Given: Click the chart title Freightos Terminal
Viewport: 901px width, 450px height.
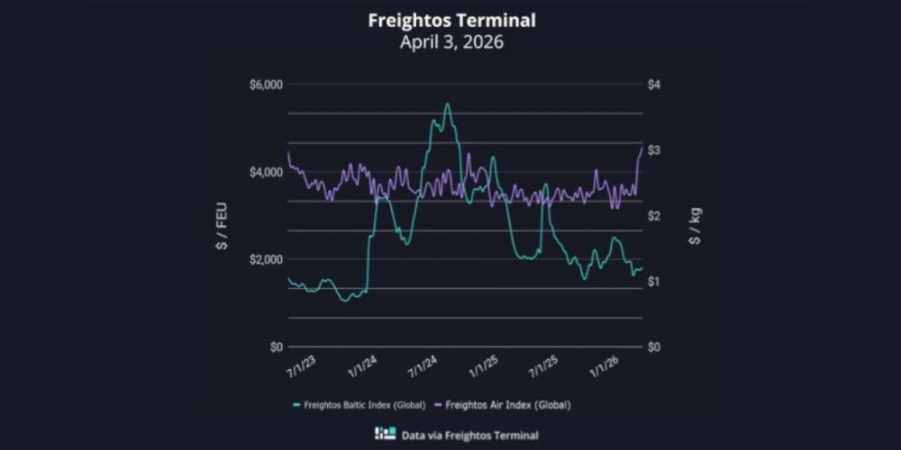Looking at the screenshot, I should pos(451,21).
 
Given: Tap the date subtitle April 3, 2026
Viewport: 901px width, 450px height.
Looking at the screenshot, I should pos(451,42).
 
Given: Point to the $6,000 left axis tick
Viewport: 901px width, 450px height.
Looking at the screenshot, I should pos(266,85).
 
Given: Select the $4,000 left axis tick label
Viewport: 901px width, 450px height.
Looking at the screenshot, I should pos(266,172).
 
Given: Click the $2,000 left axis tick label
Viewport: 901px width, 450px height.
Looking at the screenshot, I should pos(266,259).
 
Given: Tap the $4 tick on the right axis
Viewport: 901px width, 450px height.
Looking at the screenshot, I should pos(654,85).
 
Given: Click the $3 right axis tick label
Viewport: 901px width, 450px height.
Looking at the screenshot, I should pos(654,150).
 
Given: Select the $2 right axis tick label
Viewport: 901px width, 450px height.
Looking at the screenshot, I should pos(654,216).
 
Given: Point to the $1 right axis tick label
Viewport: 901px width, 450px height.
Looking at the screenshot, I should pos(654,282).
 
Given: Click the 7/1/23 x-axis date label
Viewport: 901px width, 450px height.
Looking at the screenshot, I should pos(300,367).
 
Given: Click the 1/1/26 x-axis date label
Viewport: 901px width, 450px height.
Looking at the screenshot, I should pos(605,367).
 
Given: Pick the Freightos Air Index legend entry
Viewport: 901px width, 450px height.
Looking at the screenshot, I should pos(509,404).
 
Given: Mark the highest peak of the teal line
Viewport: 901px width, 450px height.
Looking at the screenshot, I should pos(447,104).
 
